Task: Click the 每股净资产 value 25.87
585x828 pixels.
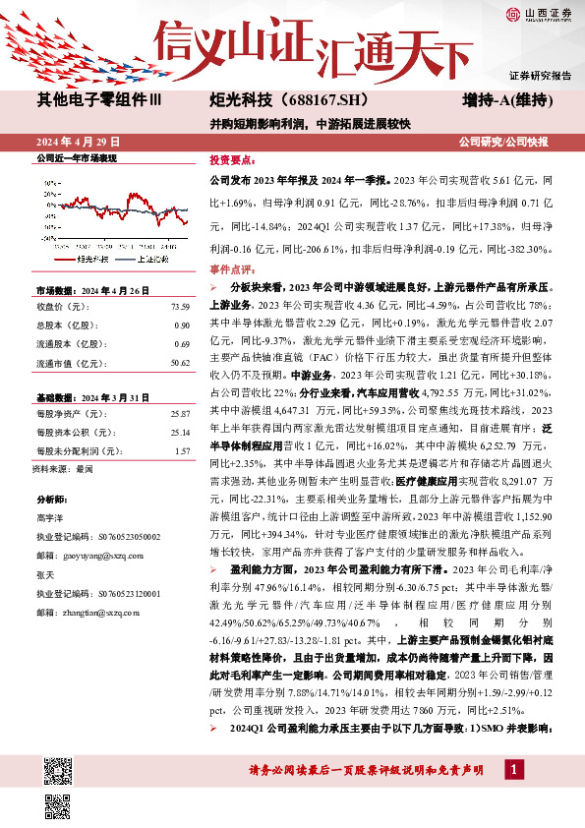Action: [x=180, y=414]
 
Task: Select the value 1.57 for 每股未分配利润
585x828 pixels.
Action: [x=182, y=450]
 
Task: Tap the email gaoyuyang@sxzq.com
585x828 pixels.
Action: [x=97, y=556]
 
